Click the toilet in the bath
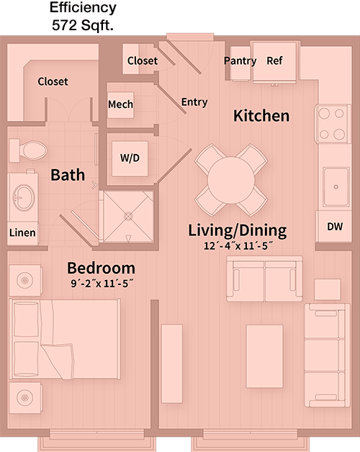(x=28, y=150)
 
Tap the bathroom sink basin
(x=24, y=198)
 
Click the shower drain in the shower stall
(x=128, y=216)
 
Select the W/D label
(x=130, y=158)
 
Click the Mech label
(x=120, y=104)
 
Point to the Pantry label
(x=240, y=61)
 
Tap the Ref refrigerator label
(x=274, y=60)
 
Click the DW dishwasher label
(x=335, y=227)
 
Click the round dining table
(x=231, y=181)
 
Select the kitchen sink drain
(x=336, y=187)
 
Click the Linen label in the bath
(x=22, y=232)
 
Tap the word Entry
(x=194, y=102)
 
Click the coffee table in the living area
(x=264, y=356)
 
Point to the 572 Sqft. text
(x=83, y=25)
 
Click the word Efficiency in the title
(x=83, y=7)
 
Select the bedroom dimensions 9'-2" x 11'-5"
(x=102, y=284)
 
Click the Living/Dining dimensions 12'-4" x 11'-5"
(x=238, y=246)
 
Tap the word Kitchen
(x=261, y=116)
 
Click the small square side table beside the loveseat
(x=328, y=289)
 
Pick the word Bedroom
(x=102, y=268)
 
